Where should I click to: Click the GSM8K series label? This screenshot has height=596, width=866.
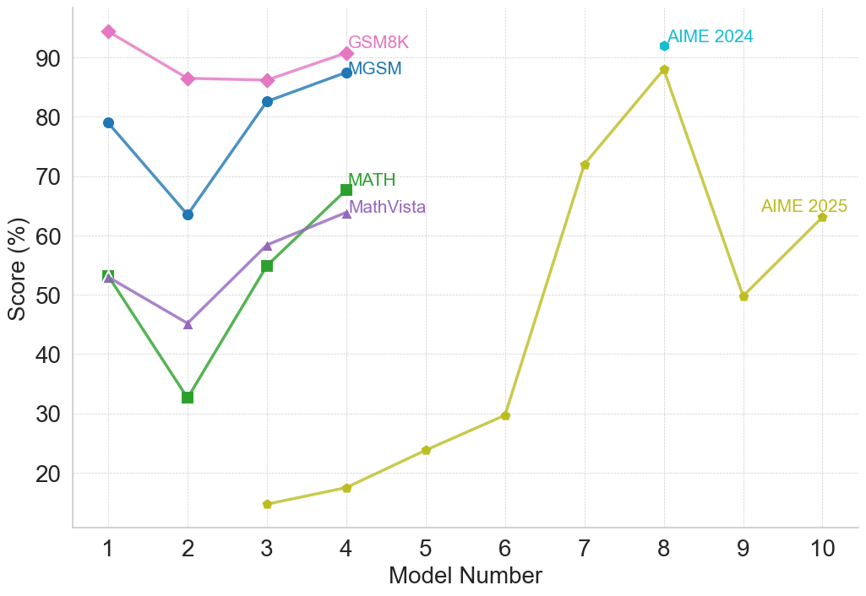point(379,43)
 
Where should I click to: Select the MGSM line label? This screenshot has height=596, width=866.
point(375,69)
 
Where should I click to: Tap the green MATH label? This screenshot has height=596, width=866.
point(372,180)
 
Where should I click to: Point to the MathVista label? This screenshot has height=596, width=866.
point(387,207)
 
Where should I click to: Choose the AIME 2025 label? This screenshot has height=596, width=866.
point(803,207)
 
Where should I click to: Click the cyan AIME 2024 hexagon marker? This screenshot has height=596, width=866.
point(664,46)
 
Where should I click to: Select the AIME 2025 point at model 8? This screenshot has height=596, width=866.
point(664,70)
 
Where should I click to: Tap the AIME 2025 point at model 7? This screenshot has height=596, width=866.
point(585,165)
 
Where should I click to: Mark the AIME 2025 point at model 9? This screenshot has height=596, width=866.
point(743,296)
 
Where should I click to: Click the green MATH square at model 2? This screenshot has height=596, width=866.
point(188,397)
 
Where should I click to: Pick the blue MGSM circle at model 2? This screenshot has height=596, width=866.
point(188,214)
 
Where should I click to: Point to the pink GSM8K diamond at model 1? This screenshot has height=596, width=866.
point(108,31)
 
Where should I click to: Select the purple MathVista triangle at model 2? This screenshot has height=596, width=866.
point(188,324)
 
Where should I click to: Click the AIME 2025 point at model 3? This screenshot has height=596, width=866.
point(267,504)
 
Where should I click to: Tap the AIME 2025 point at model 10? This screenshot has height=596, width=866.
point(822,217)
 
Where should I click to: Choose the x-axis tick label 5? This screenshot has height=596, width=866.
point(426,549)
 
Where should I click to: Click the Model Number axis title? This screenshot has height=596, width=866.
point(465,576)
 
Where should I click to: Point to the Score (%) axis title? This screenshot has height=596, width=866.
point(17,268)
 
